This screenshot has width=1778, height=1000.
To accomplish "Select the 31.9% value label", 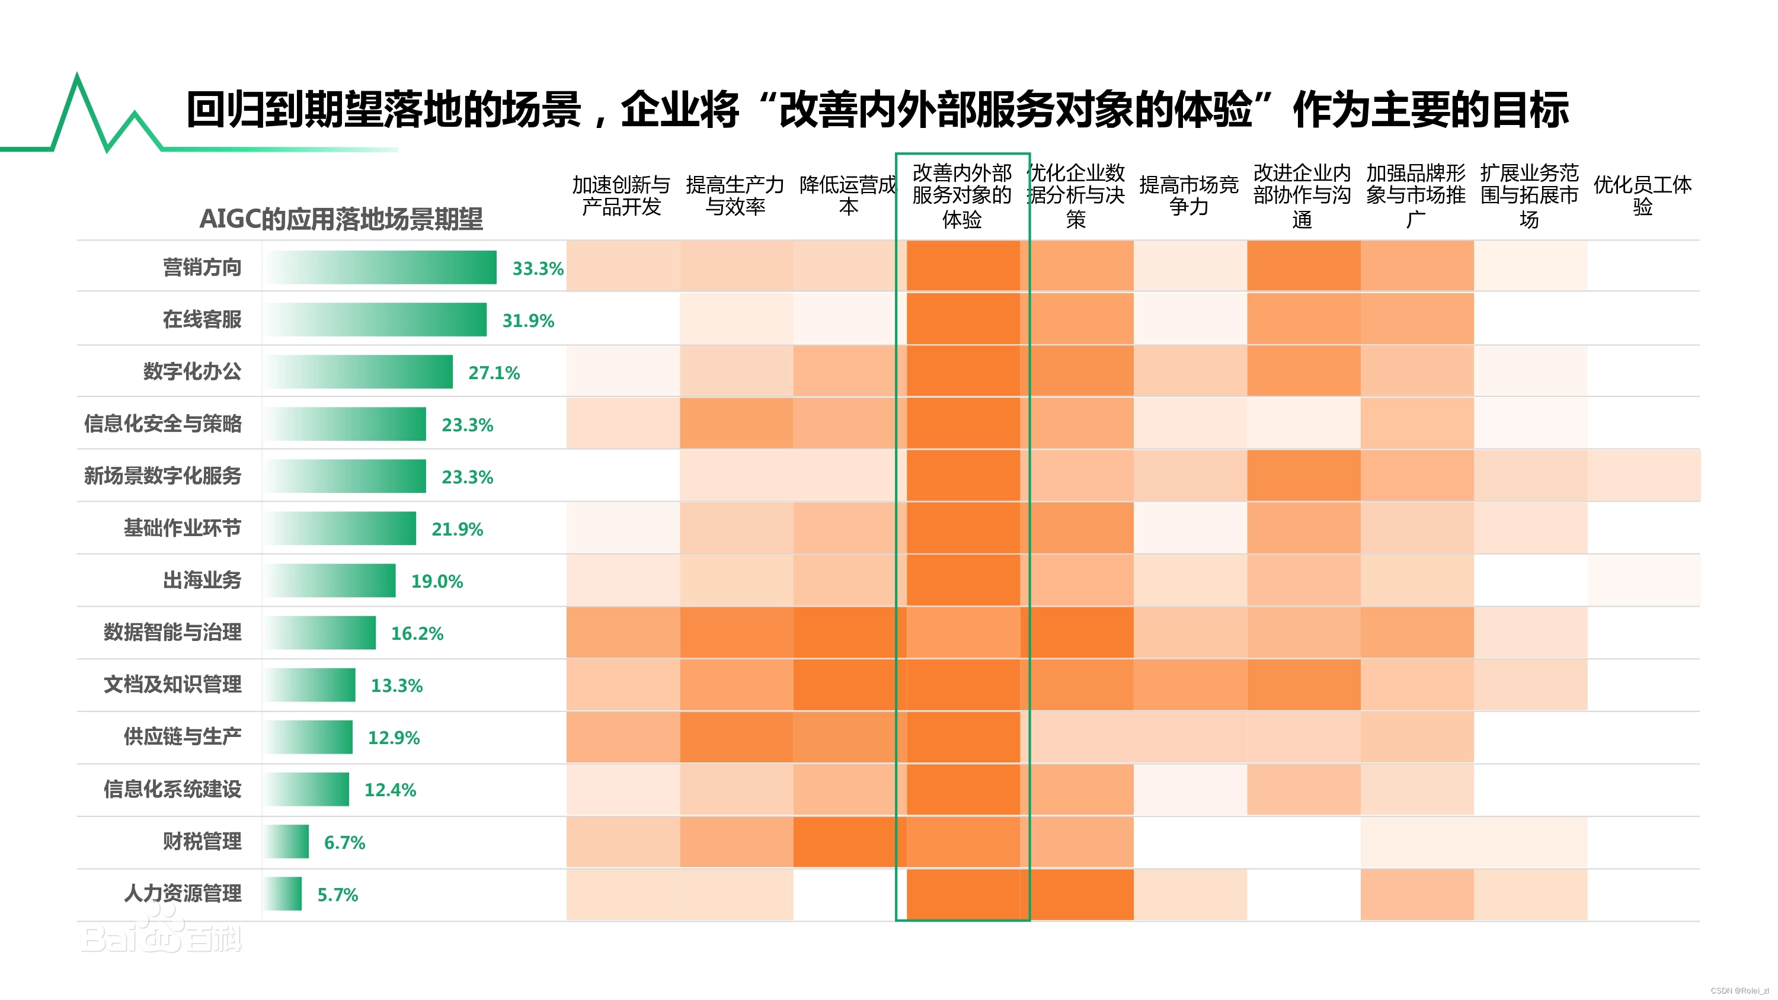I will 527,320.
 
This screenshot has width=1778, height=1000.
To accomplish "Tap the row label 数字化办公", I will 192,371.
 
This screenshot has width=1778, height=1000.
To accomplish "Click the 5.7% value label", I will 337,895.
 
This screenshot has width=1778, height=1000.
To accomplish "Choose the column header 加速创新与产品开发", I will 621,195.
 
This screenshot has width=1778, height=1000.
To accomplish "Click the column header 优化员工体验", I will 1642,195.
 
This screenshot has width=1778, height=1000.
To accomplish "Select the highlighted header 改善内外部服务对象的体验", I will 961,195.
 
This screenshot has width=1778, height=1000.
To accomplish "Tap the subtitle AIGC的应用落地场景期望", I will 341,219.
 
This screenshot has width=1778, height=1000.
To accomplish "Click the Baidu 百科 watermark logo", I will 161,933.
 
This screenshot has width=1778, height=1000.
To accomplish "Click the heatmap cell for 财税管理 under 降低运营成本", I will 848,841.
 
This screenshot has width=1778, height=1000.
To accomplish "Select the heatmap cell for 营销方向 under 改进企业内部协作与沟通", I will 1303,266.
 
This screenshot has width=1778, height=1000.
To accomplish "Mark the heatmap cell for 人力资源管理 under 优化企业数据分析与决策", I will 1077,894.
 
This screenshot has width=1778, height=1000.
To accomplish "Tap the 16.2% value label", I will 417,633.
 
